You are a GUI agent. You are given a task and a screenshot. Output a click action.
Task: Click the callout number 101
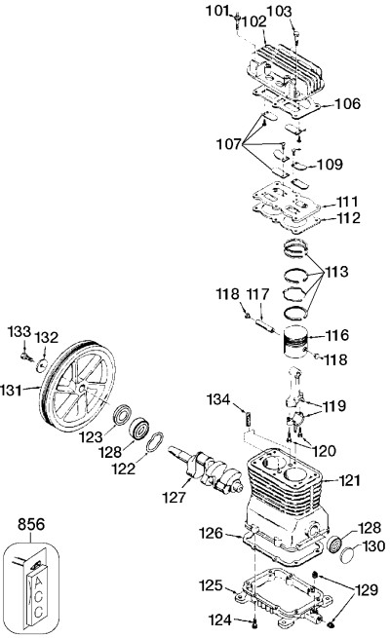(x=216, y=11)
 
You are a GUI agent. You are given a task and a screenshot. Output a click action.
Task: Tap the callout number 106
(x=348, y=104)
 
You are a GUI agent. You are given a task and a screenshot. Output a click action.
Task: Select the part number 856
(x=31, y=524)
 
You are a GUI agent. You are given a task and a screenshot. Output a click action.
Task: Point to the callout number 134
(x=218, y=399)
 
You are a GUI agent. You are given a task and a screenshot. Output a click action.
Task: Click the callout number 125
(x=211, y=586)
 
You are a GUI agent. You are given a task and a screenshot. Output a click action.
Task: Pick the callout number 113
(x=335, y=272)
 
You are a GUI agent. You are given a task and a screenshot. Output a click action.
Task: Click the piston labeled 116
(x=293, y=343)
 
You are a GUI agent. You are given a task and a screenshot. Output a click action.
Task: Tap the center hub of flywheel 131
(x=83, y=389)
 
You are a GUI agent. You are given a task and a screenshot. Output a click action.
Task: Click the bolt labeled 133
(x=26, y=357)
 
